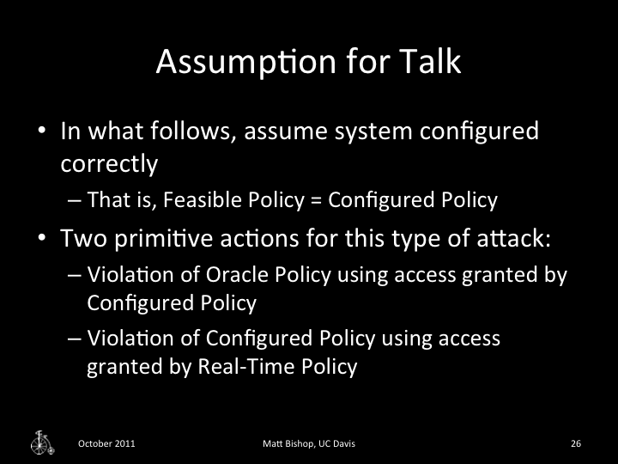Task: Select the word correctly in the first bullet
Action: tap(109, 162)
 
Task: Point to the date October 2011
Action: tap(106, 443)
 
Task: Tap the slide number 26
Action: tap(576, 443)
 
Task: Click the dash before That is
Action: tap(74, 200)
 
